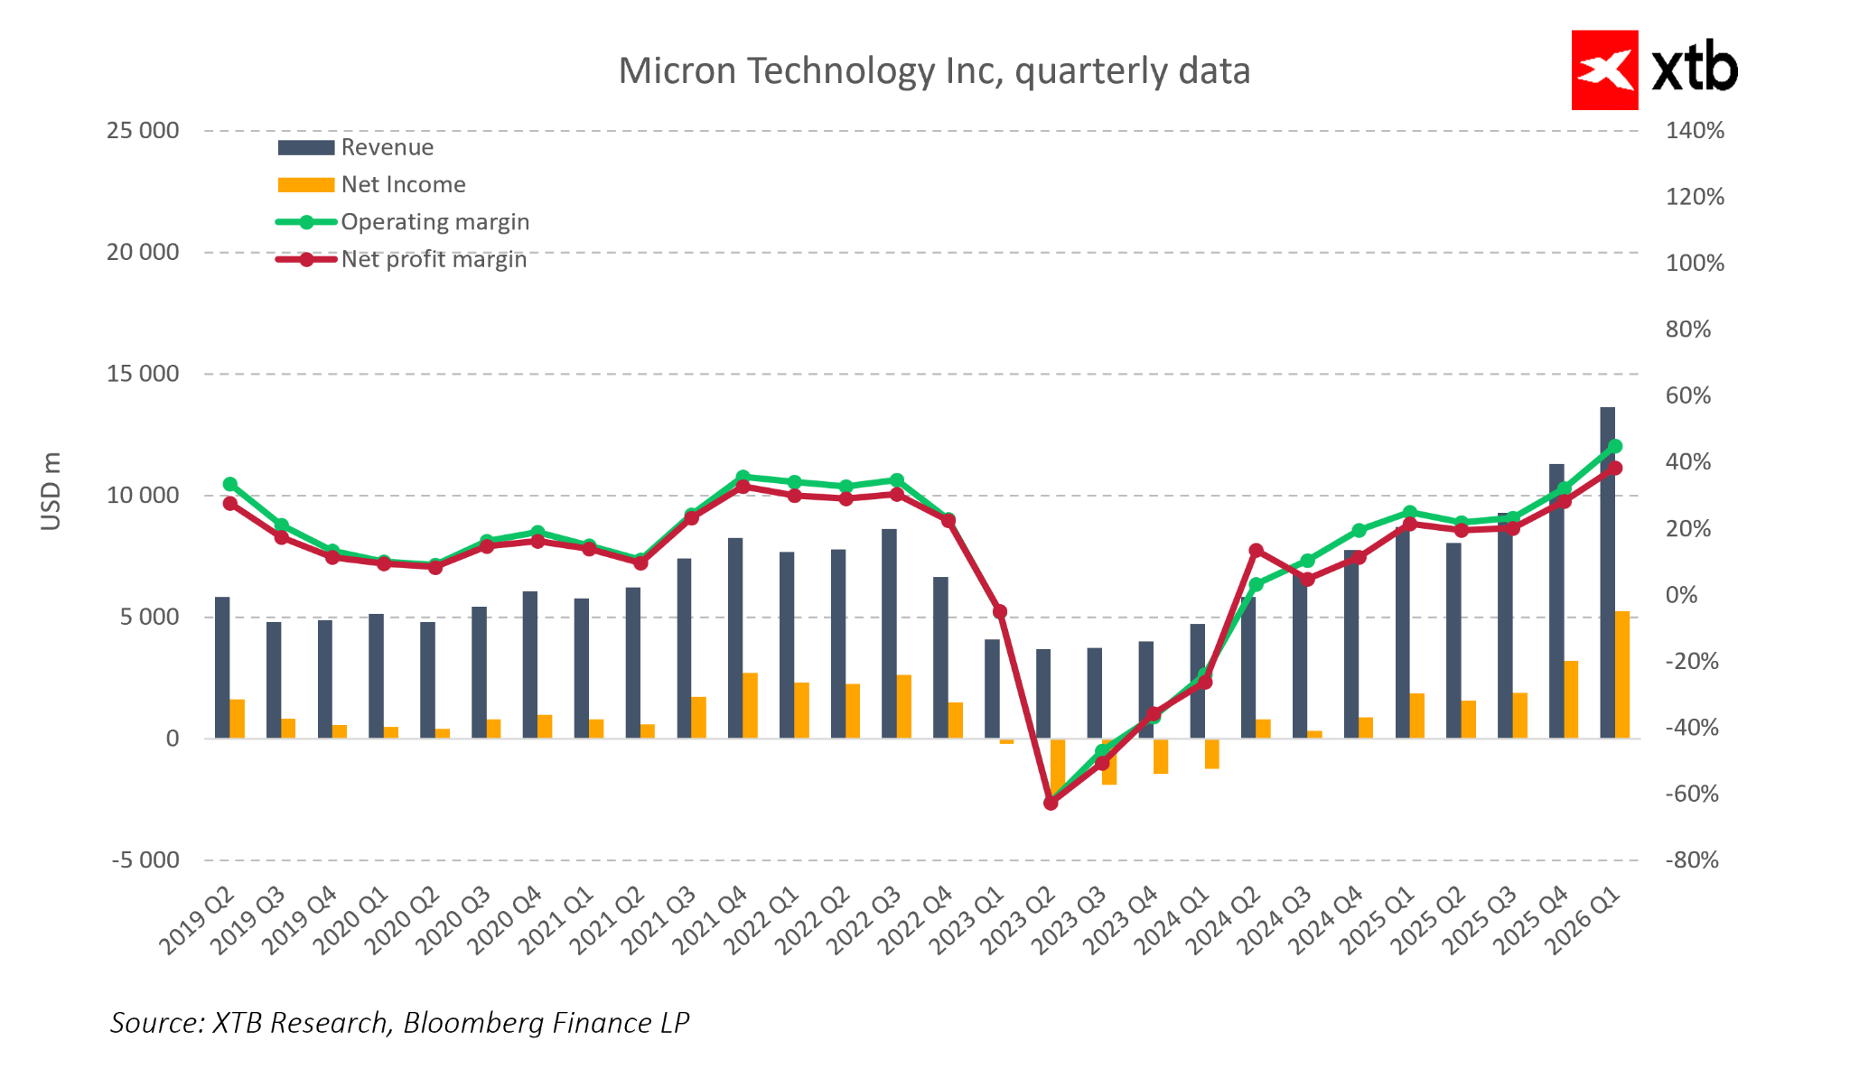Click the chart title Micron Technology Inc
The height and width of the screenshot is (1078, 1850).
(934, 71)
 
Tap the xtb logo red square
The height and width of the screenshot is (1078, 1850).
(1604, 70)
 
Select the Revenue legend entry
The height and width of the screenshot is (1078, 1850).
(387, 147)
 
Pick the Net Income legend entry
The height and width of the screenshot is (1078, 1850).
(403, 184)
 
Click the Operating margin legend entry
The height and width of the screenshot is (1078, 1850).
(434, 222)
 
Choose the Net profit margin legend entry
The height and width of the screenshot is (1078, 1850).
(434, 260)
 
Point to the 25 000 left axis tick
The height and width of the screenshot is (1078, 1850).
(143, 131)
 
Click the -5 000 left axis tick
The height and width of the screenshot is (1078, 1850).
(145, 860)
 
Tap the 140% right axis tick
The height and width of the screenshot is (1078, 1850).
(1695, 131)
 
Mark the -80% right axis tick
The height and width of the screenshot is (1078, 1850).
(1691, 860)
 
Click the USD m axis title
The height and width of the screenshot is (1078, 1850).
(51, 491)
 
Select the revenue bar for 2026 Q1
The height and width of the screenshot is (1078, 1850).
(1607, 572)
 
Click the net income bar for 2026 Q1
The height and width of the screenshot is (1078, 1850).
(1622, 674)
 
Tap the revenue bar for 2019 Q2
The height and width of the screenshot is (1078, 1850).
(222, 667)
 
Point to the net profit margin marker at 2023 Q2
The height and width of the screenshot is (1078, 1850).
(1051, 803)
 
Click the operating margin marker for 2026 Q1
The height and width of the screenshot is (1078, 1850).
(1615, 446)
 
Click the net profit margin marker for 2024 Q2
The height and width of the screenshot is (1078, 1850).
(1256, 551)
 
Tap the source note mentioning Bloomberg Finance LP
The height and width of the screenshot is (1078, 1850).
(399, 1022)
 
